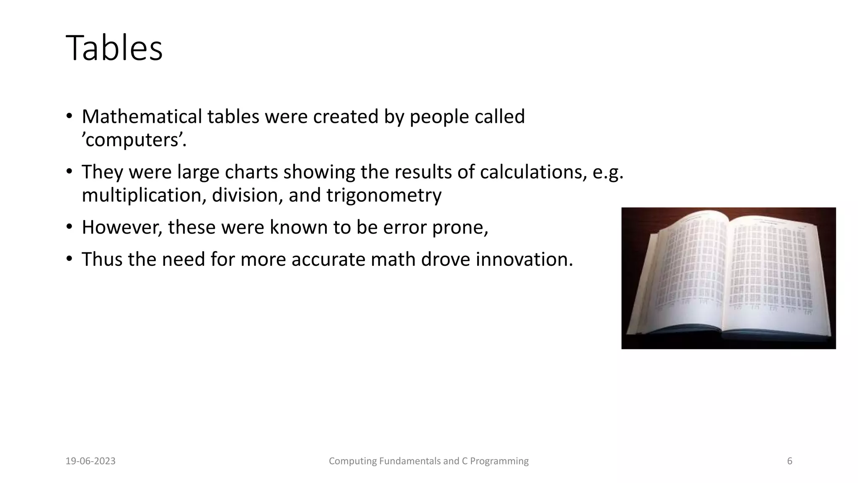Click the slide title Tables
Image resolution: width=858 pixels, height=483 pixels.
[x=114, y=49]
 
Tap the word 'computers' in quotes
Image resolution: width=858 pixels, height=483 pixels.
[x=134, y=140]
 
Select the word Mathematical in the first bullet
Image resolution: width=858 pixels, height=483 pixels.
[x=142, y=117]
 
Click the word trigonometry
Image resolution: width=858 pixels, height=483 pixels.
[x=384, y=195]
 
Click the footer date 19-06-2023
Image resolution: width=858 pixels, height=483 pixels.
[x=90, y=461]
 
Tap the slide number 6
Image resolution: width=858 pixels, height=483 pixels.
[x=790, y=461]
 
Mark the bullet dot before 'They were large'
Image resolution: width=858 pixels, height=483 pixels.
[x=69, y=171]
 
